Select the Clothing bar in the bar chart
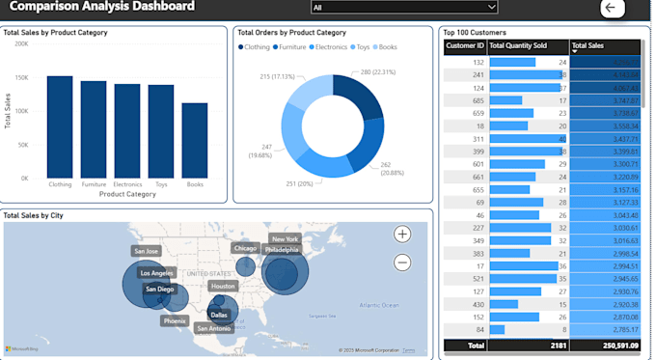(x=60, y=125)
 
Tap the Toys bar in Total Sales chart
(x=161, y=130)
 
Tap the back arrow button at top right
(x=612, y=8)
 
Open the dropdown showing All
(x=404, y=7)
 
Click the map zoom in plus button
(x=402, y=234)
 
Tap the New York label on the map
(x=285, y=238)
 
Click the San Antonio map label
(x=213, y=328)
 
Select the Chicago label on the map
(x=245, y=248)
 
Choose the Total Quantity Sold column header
(x=527, y=45)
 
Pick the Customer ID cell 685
(x=478, y=99)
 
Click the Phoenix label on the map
(x=175, y=320)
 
